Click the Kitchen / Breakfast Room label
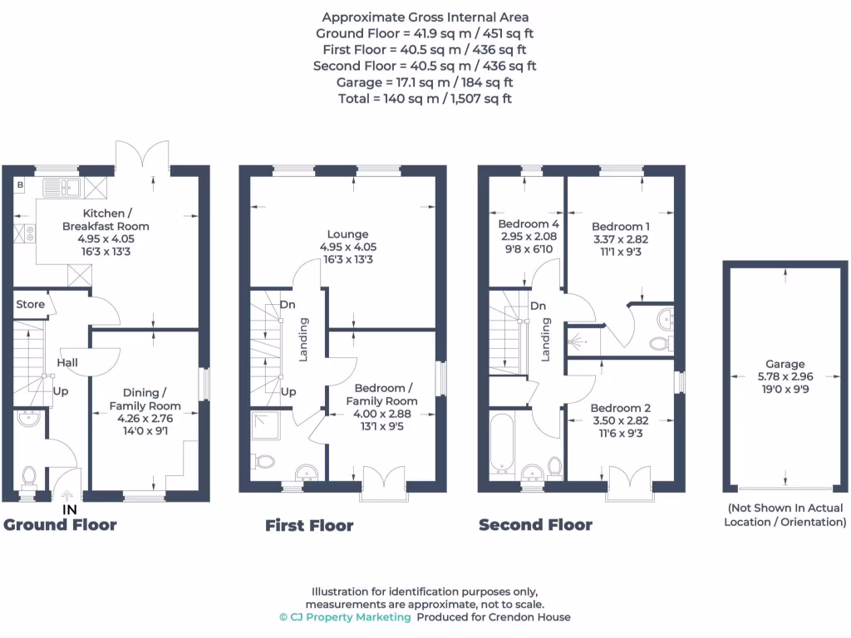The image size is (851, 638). click(x=106, y=220)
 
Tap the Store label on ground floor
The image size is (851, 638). click(x=31, y=304)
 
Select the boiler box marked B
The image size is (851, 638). click(x=19, y=184)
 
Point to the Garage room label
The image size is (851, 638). click(x=785, y=364)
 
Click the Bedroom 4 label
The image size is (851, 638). click(x=529, y=224)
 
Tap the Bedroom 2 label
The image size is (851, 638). click(x=620, y=408)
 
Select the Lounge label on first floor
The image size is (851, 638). click(x=347, y=234)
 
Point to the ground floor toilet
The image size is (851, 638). click(x=29, y=476)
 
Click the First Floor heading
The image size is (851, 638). click(x=309, y=525)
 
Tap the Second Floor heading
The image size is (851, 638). click(x=535, y=524)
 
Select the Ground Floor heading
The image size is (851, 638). click(x=60, y=524)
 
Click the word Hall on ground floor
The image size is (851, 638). click(x=67, y=363)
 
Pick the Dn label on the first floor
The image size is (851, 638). click(x=288, y=305)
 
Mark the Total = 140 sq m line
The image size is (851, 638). click(x=425, y=98)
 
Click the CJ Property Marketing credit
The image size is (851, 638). click(x=345, y=617)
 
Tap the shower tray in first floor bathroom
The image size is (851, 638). click(x=267, y=425)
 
